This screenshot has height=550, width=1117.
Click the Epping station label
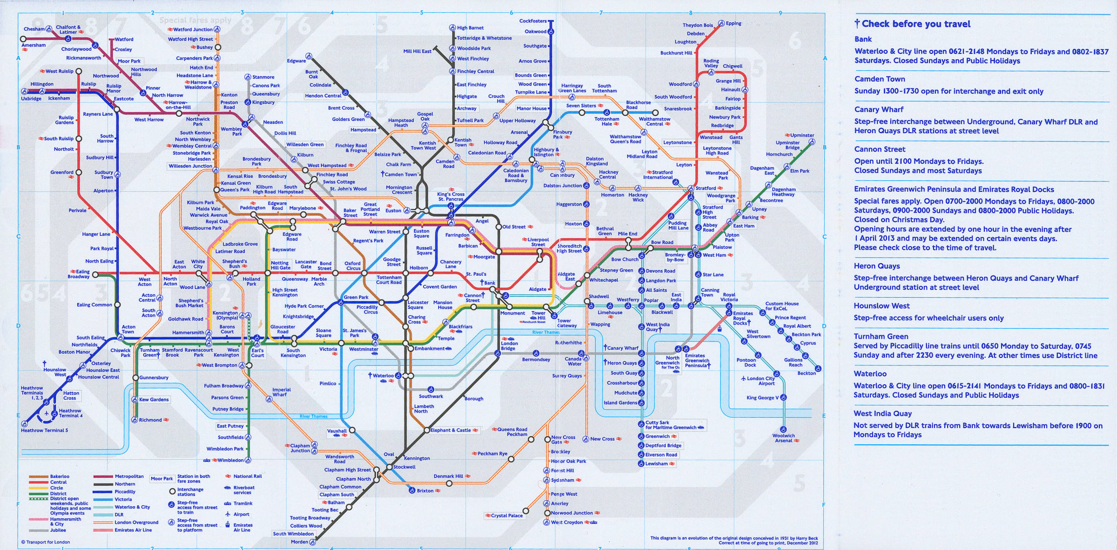[x=733, y=23]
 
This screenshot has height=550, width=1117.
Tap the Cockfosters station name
[x=533, y=21]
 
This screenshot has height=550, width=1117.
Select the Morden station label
[x=299, y=542]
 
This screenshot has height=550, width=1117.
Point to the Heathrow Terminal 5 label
[x=44, y=430]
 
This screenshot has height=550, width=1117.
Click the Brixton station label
[x=425, y=490]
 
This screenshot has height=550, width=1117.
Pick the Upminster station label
[x=802, y=135]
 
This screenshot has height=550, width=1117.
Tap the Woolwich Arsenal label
[x=783, y=438]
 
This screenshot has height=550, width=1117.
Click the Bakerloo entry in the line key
[x=60, y=476]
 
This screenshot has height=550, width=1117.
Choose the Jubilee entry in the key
[x=58, y=530]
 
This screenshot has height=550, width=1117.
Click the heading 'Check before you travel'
[x=915, y=24]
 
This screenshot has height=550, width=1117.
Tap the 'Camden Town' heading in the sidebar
[x=880, y=79]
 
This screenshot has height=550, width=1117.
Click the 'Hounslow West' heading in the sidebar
[x=881, y=306]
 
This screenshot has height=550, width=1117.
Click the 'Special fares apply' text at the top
[x=195, y=20]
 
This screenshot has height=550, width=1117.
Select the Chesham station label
[x=34, y=29]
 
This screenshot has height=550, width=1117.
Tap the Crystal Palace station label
[x=506, y=516]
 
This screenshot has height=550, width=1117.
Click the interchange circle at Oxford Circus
[x=364, y=273]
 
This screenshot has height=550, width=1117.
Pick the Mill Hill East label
[x=417, y=51]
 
